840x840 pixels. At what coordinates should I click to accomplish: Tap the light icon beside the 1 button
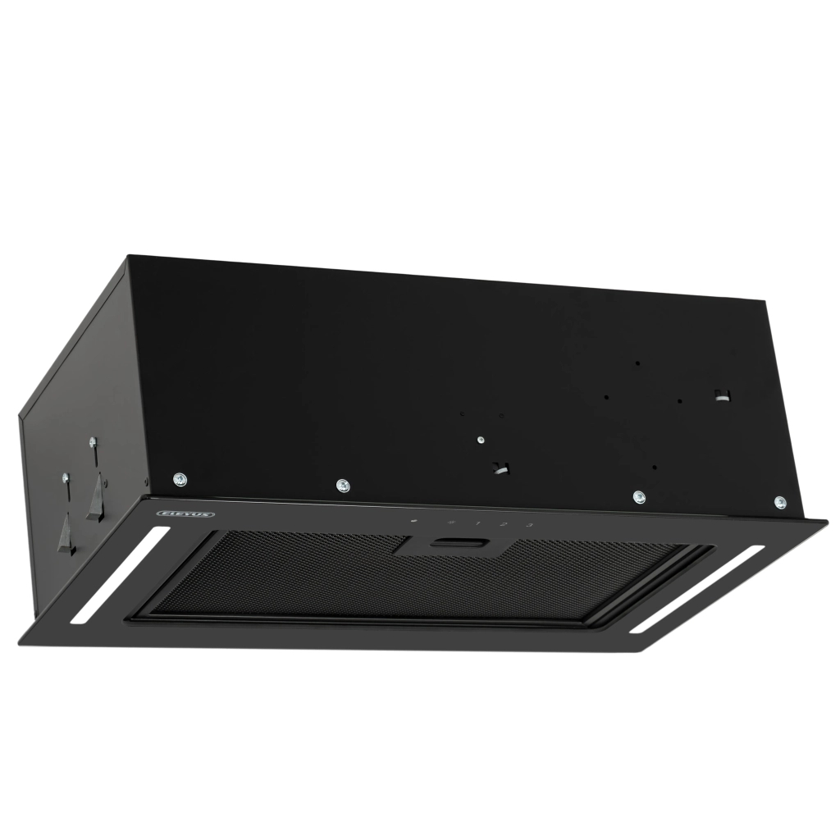[x=451, y=521]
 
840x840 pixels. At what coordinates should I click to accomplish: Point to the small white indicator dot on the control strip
[x=414, y=519]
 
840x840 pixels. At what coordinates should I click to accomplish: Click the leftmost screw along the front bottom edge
[x=180, y=479]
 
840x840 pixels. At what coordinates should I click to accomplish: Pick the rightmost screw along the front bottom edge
[x=778, y=500]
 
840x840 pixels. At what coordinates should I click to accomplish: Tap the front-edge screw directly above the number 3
[x=638, y=496]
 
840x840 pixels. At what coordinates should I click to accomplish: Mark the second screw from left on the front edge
[x=342, y=485]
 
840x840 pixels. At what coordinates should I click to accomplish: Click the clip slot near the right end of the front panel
[x=721, y=393]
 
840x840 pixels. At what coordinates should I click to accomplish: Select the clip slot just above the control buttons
[x=500, y=468]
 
